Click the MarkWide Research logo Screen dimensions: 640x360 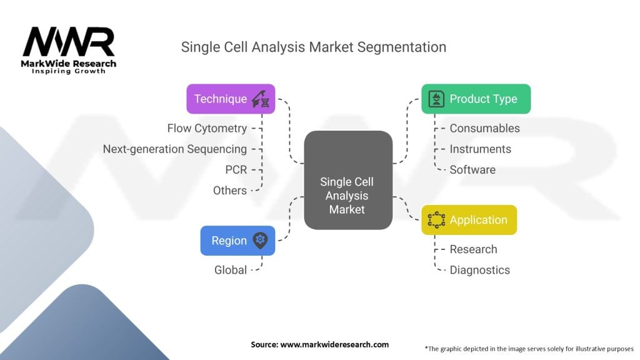(69, 50)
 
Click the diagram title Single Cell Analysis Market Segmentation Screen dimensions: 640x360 (313, 47)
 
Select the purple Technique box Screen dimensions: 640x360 (231, 99)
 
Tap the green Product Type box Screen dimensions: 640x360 (476, 99)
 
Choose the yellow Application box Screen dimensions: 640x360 (469, 220)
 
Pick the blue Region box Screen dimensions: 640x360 (237, 241)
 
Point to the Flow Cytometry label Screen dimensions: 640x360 (207, 128)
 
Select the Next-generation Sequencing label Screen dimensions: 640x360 (174, 149)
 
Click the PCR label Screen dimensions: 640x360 (236, 169)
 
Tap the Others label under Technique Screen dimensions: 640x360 (229, 190)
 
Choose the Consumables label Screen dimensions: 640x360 (484, 128)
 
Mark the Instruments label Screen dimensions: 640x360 (480, 149)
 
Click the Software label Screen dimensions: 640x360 (472, 169)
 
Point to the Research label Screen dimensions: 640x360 (473, 249)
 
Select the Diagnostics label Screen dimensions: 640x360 (479, 270)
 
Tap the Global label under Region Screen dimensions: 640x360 (231, 270)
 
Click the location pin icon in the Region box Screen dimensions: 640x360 (261, 241)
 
